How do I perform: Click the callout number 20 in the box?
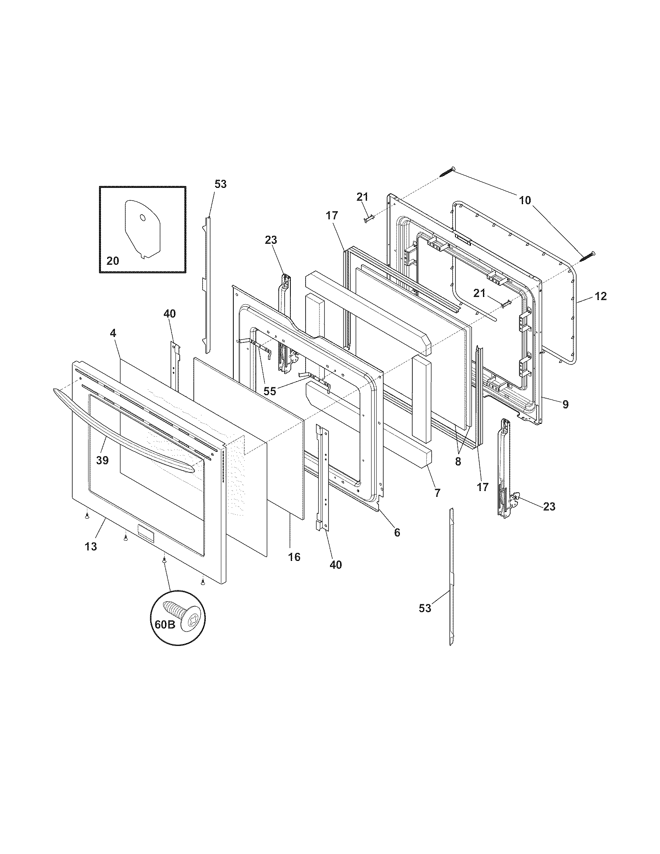coord(113,261)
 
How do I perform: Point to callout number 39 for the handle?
coord(102,461)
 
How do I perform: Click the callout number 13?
coord(91,547)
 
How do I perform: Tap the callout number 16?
coord(294,557)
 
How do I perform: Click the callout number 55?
coord(269,391)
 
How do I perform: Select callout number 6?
coord(397,532)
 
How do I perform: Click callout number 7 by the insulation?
coord(437,493)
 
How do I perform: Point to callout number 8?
coord(458,462)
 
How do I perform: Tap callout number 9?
coord(565,405)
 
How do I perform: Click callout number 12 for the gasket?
coord(601,297)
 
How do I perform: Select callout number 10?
coord(525,201)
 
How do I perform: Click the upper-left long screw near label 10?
coord(448,172)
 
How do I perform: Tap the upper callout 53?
coord(221,184)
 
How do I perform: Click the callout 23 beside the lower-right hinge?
coord(549,507)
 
